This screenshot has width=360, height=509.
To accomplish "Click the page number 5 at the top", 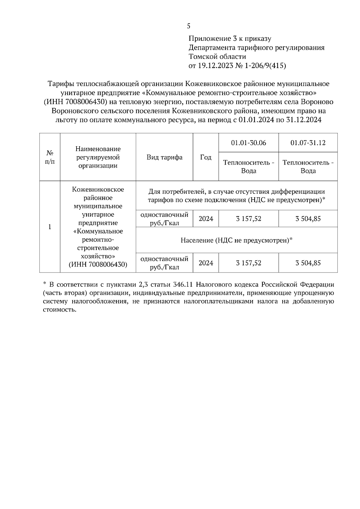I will coord(188,26).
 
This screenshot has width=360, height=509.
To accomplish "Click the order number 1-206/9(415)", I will coord(265,66).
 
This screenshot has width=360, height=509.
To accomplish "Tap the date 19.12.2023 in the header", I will coord(215,66).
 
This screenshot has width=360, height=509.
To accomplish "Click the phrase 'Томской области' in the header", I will coord(217,57).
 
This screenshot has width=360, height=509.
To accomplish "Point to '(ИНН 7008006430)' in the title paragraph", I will coord(76,102).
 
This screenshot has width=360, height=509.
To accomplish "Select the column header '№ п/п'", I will coord(50,157).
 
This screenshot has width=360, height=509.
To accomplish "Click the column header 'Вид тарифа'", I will coord(164,157).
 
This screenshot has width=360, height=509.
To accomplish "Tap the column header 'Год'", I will coord(206,157).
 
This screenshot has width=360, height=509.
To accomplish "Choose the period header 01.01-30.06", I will coord(248,143).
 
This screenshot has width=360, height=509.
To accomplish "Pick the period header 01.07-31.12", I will coord(308,143).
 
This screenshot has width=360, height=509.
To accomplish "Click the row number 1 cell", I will coord(50,227).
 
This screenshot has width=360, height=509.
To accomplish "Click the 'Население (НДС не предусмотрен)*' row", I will coord(236,240).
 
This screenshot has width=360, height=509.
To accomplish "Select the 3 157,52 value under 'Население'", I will coord(248,263).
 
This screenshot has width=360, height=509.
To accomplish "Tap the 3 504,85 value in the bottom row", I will coord(308,263).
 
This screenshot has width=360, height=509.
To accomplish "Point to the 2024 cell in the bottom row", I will coord(206,263).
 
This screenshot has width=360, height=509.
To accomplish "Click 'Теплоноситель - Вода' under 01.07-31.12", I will coord(308,167).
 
